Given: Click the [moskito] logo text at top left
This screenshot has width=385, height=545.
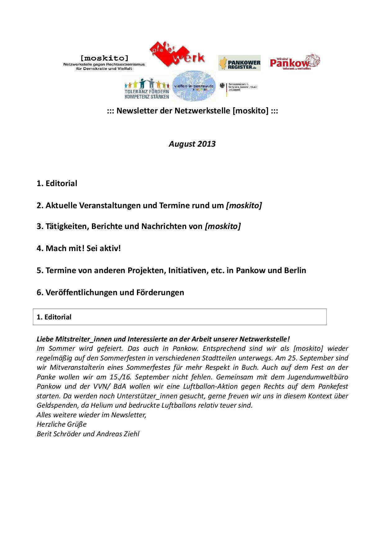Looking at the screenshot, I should pos(104,58).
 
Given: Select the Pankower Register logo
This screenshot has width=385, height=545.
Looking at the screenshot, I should pos(239,63).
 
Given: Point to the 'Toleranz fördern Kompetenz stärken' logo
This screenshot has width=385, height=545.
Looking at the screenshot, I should pos(147,89).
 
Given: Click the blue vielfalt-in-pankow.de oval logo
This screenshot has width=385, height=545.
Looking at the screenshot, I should pos(194,86).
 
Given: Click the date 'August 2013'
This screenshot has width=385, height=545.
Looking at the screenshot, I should pos(192,144).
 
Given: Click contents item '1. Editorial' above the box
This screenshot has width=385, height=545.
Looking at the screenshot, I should pos(57,183).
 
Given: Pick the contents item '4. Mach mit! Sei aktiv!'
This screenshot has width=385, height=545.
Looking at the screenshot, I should pos(79,248).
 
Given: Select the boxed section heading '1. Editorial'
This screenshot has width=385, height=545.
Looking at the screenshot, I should pos(54,317).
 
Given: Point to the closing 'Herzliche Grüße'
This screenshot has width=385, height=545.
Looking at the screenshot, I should pos(61,424).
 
